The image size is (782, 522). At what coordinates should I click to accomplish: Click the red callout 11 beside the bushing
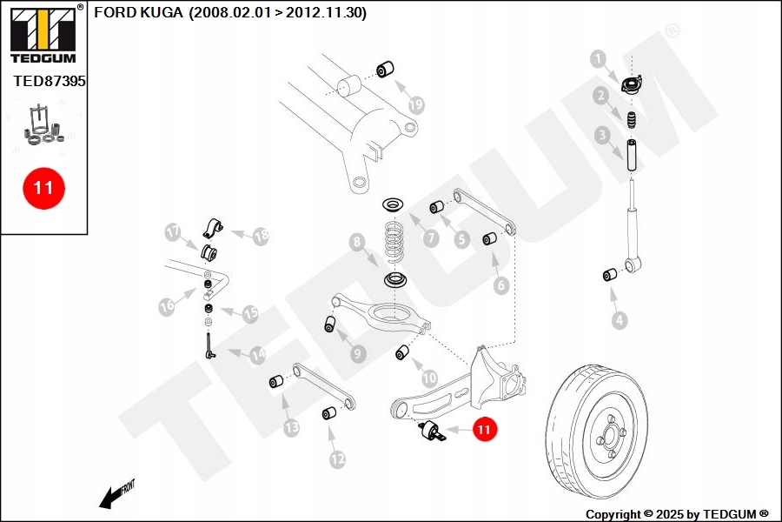coord(484,428)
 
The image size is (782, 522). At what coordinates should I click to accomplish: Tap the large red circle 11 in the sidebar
coord(43,187)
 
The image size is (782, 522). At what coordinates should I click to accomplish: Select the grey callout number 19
coord(416,105)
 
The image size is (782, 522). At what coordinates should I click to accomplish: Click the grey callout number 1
coord(598,59)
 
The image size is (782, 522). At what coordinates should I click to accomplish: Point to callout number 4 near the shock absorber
coord(619,320)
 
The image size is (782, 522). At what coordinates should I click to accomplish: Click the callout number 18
coord(260,235)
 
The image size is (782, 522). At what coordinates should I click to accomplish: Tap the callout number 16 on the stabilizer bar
coord(168,305)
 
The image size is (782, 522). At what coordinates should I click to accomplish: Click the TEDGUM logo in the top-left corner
coord(43,35)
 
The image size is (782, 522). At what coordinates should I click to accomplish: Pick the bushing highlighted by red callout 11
coord(434,431)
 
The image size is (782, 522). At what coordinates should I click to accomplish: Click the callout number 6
coord(500,284)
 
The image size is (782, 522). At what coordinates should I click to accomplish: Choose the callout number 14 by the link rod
coord(258,355)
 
